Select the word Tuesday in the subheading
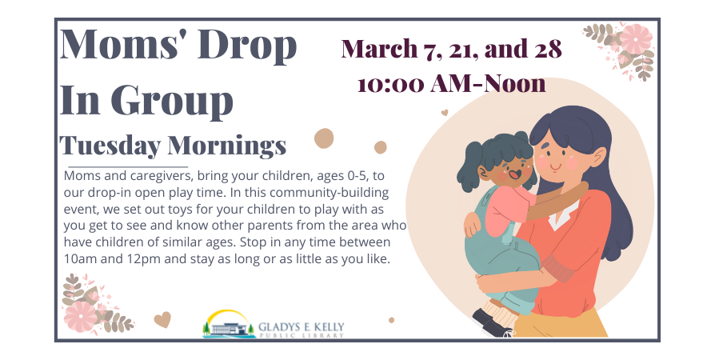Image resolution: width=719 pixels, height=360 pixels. coord(110,146)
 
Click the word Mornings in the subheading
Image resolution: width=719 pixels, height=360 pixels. coord(227,146)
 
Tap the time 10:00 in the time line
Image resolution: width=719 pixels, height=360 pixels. coord(390,84)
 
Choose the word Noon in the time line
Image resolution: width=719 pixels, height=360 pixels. coord(515,83)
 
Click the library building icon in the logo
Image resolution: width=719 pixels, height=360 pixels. coord(229,328)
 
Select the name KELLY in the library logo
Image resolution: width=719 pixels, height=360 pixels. coord(326,327)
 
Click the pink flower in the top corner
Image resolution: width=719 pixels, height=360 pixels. coord(636,39)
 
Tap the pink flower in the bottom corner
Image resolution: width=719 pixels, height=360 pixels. coord(80,317)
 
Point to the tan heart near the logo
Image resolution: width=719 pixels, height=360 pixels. coord(162,319)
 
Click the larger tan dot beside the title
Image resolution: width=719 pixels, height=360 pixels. coord(324,138)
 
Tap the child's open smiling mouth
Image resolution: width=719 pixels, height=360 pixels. coord(513,174)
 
